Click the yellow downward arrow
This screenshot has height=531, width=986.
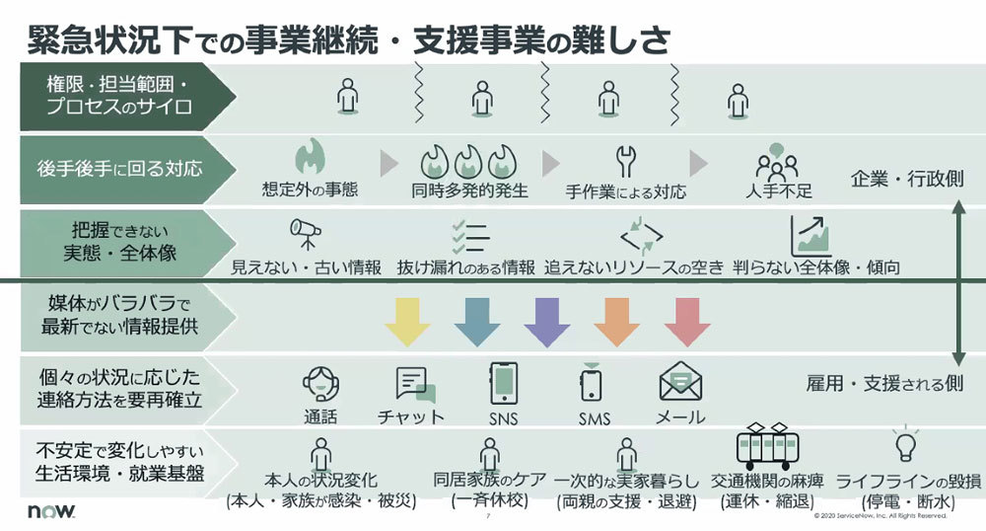point(407,322)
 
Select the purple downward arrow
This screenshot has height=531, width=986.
point(547,322)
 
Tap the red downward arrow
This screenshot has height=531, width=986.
point(687,322)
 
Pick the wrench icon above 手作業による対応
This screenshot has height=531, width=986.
point(626,162)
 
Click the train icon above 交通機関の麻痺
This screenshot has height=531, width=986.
point(767,444)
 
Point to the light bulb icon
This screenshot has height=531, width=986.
point(905,444)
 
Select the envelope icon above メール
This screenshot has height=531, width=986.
point(679,382)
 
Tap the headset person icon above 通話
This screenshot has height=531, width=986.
point(320,384)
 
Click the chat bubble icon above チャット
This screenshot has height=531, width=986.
point(416,384)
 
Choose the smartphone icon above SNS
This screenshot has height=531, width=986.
point(504,383)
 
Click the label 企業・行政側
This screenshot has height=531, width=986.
point(907,180)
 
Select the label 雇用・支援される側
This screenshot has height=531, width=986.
point(884,383)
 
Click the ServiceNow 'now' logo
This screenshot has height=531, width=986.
point(51,510)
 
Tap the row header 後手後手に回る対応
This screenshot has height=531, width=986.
point(119,169)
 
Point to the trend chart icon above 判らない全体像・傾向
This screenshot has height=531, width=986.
point(810,235)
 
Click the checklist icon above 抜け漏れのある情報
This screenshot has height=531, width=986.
point(471,236)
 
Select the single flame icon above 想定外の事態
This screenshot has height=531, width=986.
point(310,157)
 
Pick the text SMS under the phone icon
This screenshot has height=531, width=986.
point(595,418)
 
